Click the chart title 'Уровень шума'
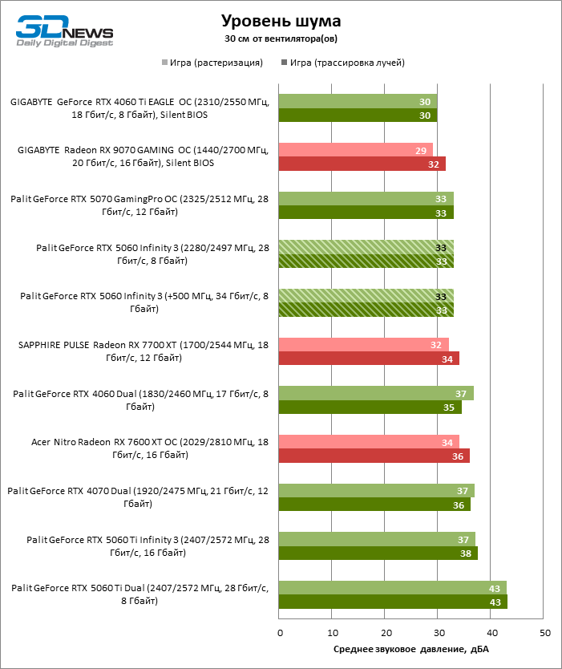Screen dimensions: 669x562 (x=281, y=20)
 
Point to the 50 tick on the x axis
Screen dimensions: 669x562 (x=544, y=633)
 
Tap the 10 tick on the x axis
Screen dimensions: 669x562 (x=332, y=633)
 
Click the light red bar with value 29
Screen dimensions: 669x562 (x=355, y=150)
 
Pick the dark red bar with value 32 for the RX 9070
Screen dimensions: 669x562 (x=362, y=164)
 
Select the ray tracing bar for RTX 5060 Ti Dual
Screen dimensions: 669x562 (x=393, y=602)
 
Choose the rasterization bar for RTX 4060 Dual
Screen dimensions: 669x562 (x=376, y=393)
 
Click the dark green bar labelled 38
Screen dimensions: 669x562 (x=378, y=553)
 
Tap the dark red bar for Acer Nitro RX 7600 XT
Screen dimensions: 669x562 (x=374, y=456)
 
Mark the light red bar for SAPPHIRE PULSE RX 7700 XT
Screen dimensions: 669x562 (x=363, y=344)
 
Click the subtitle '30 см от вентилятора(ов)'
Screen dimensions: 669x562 (x=281, y=39)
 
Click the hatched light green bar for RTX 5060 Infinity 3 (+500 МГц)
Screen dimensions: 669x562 (x=366, y=296)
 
